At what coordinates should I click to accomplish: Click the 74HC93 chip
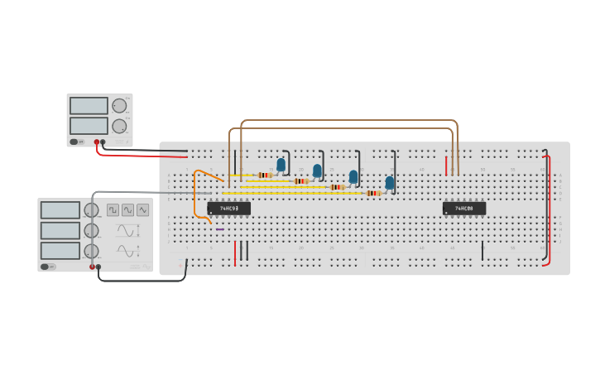[228, 209]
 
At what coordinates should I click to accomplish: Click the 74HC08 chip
[463, 209]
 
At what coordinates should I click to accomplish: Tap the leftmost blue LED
[281, 165]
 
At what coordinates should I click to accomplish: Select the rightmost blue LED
[390, 182]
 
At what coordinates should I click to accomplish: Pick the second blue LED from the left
[317, 171]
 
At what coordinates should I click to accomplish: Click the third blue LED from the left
[353, 176]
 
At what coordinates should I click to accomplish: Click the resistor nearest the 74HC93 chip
[265, 175]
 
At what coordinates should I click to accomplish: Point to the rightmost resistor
[373, 193]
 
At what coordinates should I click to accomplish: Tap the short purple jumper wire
[220, 229]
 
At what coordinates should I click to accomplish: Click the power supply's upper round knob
[119, 106]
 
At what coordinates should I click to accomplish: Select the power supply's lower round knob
[119, 127]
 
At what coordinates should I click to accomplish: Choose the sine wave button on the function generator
[143, 210]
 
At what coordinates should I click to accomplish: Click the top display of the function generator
[60, 210]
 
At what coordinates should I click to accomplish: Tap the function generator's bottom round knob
[91, 251]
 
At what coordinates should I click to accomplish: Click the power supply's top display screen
[89, 106]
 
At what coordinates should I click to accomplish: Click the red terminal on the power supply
[97, 142]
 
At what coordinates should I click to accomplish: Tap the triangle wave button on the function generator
[127, 210]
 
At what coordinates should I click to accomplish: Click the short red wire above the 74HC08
[446, 166]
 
